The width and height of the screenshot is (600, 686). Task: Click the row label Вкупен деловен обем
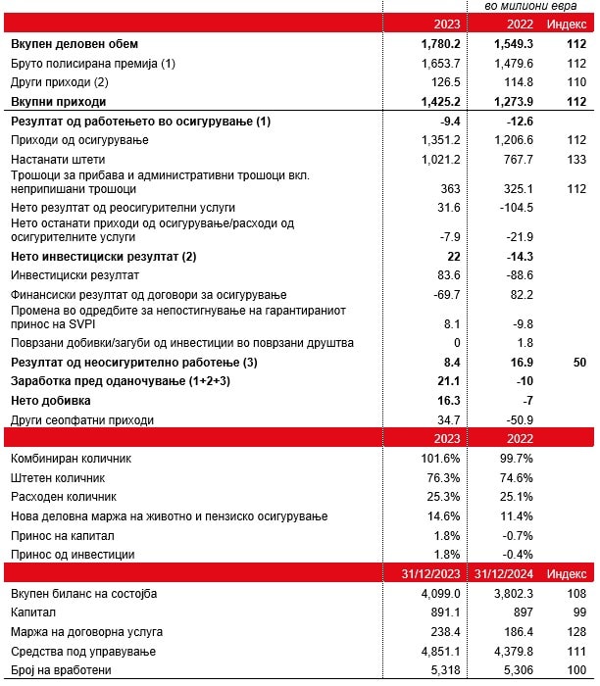75,44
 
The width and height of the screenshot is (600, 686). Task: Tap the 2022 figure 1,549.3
507,44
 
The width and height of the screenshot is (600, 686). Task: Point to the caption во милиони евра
529,8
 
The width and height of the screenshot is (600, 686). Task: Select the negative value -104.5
513,208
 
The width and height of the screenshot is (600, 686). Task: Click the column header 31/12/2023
423,573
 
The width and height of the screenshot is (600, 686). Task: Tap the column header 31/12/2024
502,573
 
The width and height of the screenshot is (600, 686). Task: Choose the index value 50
578,363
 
